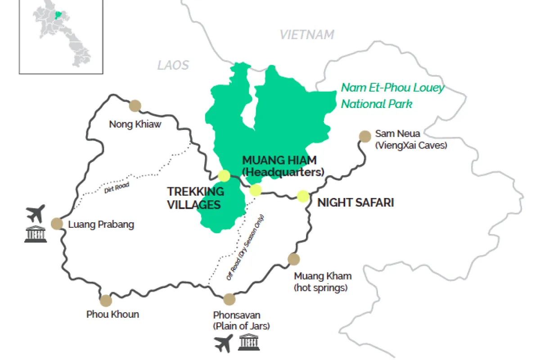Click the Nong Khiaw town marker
pyautogui.click(x=135, y=106)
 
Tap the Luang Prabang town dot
pyautogui.click(x=57, y=224)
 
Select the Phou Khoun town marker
pyautogui.click(x=106, y=301)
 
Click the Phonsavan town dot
pyautogui.click(x=229, y=299)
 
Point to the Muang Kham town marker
pyautogui.click(x=293, y=259)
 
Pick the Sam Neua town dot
pyautogui.click(x=364, y=136)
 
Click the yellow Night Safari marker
pyautogui.click(x=303, y=196)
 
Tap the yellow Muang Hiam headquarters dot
pyautogui.click(x=256, y=190)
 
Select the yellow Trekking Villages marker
pyautogui.click(x=224, y=175)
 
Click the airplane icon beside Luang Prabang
pyautogui.click(x=36, y=213)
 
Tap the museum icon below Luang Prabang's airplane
pyautogui.click(x=35, y=234)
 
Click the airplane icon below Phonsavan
pyautogui.click(x=224, y=343)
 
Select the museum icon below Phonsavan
pyautogui.click(x=249, y=343)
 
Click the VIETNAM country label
pyautogui.click(x=307, y=35)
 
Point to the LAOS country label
pyautogui.click(x=173, y=65)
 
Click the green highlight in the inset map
pyautogui.click(x=57, y=15)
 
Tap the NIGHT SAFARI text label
pyautogui.click(x=355, y=203)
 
